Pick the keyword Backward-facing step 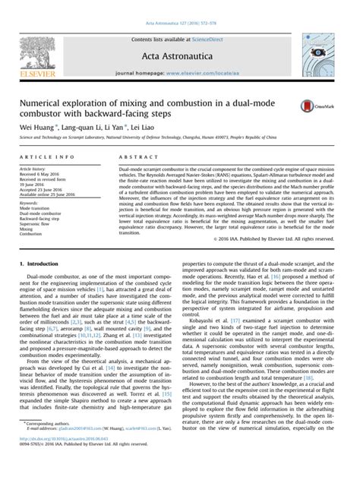(x=43, y=219)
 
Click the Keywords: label (x=30, y=204)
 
